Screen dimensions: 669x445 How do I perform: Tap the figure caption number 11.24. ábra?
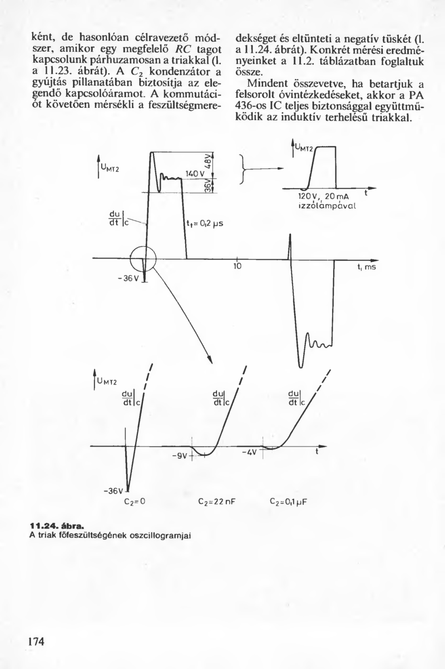pos(56,524)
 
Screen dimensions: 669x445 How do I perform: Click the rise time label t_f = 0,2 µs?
pos(205,225)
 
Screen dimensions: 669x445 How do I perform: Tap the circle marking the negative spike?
pos(144,259)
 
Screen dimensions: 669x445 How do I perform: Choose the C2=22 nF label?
pos(217,500)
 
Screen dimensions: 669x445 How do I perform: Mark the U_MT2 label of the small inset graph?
pos(304,148)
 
